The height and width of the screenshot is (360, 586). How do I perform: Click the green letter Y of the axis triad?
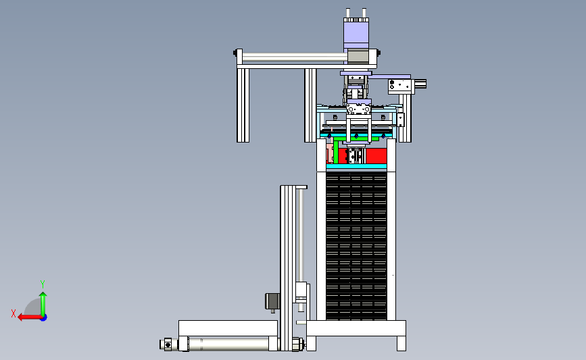[x=43, y=284]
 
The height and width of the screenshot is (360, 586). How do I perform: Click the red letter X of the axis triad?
[x=14, y=313]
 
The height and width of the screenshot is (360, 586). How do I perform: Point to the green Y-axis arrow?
[x=43, y=304]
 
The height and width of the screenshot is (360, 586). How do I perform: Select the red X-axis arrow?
[x=30, y=317]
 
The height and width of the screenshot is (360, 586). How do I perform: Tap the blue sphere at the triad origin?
[x=43, y=318]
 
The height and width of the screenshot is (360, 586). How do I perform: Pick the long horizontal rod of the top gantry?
[x=295, y=57]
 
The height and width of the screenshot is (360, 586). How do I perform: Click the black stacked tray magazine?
[x=356, y=245]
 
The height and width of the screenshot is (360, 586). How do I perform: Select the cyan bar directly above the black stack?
[x=356, y=166]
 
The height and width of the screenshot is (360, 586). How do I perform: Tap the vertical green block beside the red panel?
[x=336, y=151]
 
